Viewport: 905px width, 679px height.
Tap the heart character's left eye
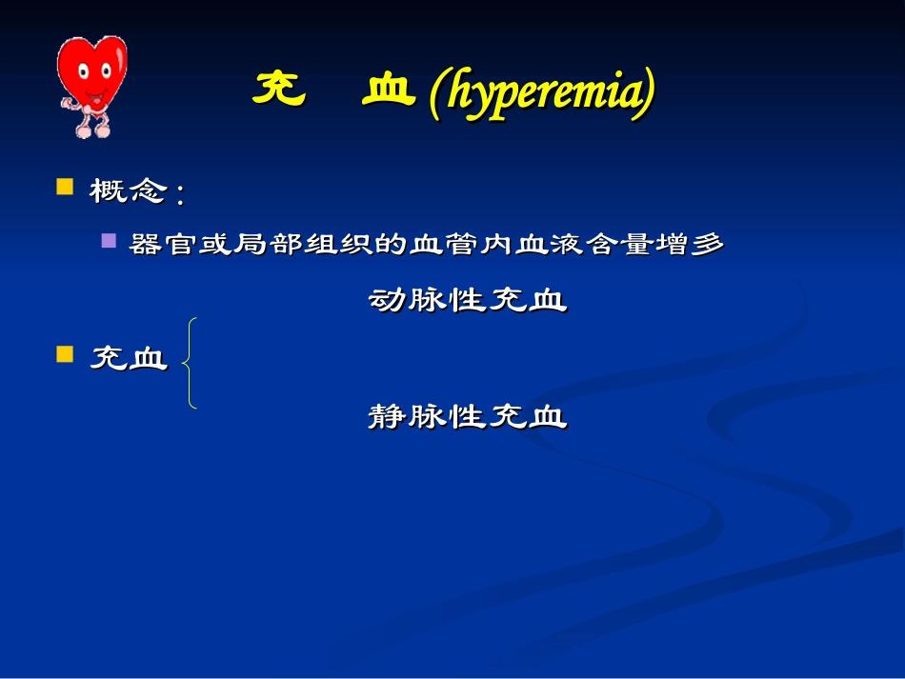coord(81,71)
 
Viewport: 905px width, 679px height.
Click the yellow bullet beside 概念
coord(66,186)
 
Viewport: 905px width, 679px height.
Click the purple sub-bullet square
coord(110,241)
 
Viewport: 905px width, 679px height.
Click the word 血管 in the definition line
coord(436,245)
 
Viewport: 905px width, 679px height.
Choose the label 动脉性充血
coord(468,301)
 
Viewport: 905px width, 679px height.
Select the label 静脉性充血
coord(468,417)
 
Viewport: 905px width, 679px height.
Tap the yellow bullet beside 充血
coord(66,354)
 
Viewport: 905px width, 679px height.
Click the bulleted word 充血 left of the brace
coord(129,359)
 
